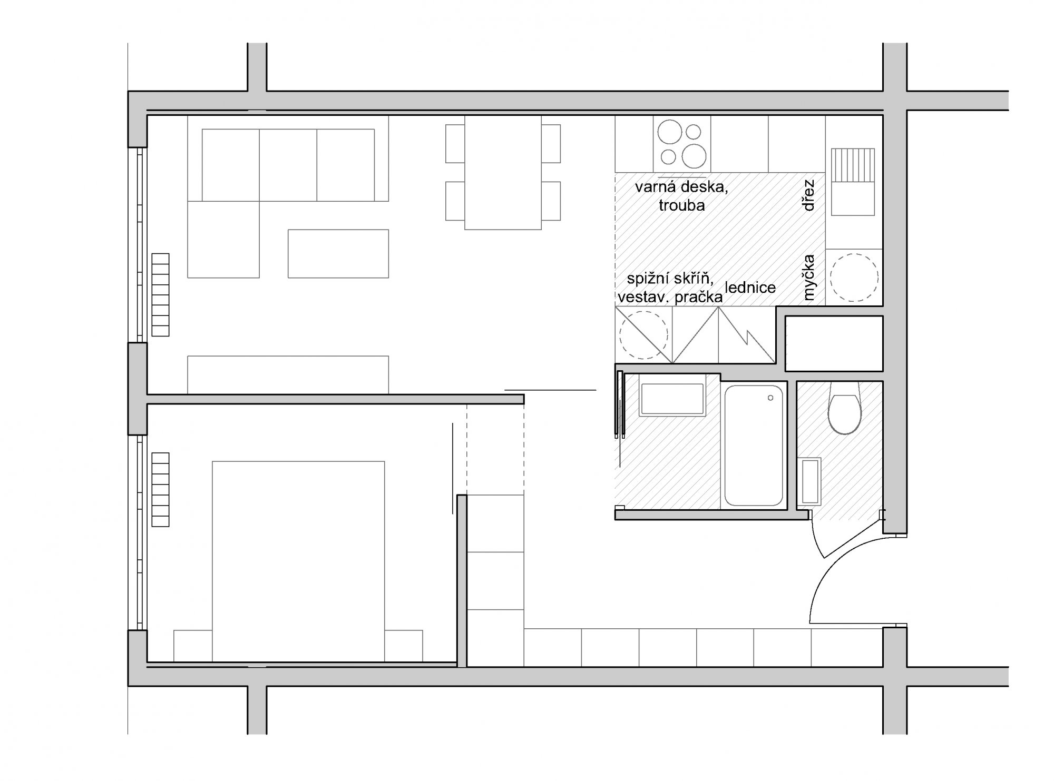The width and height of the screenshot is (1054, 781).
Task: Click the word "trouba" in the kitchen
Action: coord(681,205)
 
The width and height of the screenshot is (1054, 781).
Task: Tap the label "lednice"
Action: coord(750,288)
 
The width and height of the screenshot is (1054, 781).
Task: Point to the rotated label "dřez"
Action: coord(809,195)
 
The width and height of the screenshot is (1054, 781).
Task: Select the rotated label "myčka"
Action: coord(809,278)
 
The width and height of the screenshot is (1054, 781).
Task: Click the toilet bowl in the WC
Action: coord(844,409)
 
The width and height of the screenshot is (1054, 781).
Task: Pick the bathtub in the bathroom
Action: coord(753,445)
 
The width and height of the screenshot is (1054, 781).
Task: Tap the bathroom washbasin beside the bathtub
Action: coord(672,399)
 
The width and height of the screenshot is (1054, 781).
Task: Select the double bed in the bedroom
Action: coord(298,561)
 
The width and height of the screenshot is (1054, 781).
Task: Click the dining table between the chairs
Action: coord(503,173)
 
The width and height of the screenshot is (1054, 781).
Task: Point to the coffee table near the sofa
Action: coord(338,253)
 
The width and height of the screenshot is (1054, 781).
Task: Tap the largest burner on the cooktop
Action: coord(694,155)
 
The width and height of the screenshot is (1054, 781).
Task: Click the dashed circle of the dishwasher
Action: coord(854,278)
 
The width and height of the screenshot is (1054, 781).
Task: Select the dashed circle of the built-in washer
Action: coord(643,335)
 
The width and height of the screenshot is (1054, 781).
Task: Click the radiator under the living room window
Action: coord(160,295)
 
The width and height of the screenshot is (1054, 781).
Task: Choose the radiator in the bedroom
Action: coord(160,490)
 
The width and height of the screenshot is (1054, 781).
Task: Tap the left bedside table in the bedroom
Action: coord(193,646)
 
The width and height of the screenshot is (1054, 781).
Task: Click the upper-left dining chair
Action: coord(455,144)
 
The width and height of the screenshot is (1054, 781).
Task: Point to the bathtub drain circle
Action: coord(771,398)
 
